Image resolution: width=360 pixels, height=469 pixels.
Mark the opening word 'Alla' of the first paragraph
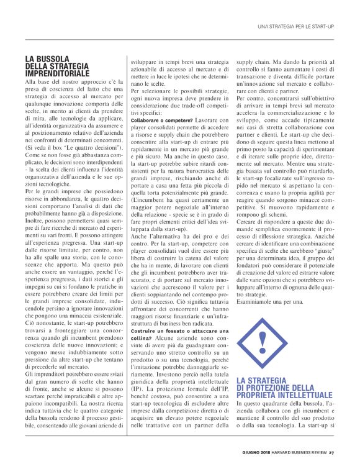point(32,82)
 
